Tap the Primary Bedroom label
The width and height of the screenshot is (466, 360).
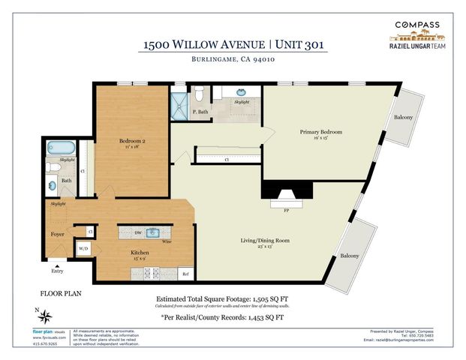(320, 132)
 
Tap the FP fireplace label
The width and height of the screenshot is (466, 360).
(287, 211)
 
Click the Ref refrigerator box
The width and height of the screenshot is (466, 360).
(185, 274)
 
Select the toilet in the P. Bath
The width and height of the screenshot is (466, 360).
(198, 94)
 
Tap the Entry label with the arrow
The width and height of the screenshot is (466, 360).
(57, 271)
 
